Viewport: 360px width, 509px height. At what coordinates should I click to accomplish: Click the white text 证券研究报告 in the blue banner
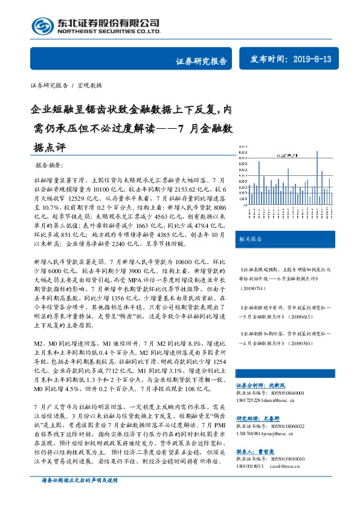point(201,61)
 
